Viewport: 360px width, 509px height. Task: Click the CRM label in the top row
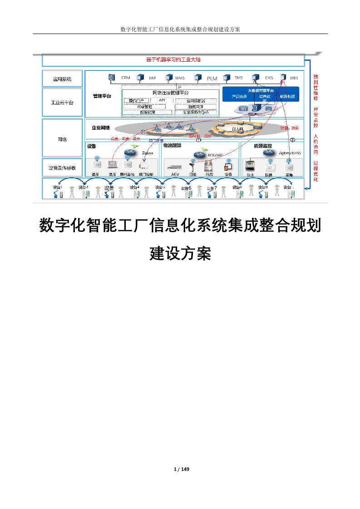click(126, 78)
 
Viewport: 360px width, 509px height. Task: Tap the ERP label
click(153, 78)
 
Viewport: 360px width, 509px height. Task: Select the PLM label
click(212, 78)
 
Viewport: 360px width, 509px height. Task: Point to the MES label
click(293, 78)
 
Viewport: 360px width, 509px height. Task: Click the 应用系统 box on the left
click(62, 78)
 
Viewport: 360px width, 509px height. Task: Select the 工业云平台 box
click(62, 102)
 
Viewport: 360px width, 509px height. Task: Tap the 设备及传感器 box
click(62, 168)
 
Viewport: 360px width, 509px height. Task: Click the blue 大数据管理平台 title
click(261, 91)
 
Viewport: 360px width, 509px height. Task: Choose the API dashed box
click(162, 100)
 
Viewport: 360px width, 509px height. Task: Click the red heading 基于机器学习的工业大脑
click(173, 59)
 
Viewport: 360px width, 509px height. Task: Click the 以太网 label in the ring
click(237, 129)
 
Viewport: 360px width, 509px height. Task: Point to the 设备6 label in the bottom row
click(186, 188)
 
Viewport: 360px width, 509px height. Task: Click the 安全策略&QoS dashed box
click(196, 112)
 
